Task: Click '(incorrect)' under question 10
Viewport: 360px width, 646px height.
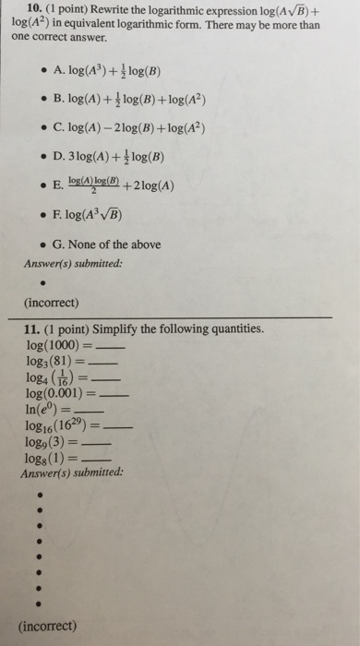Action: tap(50, 301)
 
